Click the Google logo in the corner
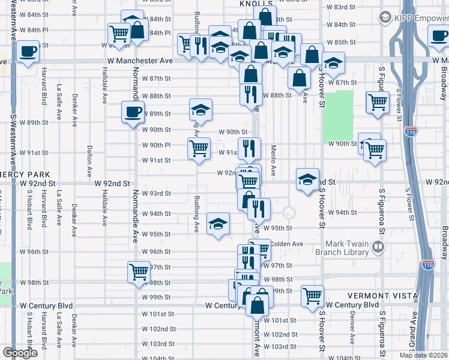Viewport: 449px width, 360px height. pyautogui.click(x=20, y=353)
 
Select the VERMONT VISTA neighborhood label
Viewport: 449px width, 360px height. pyautogui.click(x=376, y=296)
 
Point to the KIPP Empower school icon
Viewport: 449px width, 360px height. pyautogui.click(x=385, y=19)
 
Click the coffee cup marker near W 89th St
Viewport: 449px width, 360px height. pyautogui.click(x=133, y=112)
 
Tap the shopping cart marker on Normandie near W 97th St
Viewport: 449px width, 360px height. pyautogui.click(x=139, y=272)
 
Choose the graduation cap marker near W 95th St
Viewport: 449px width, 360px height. pyautogui.click(x=218, y=224)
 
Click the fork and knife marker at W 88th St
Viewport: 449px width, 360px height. pyautogui.click(x=251, y=94)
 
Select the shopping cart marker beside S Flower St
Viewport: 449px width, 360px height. pyautogui.click(x=378, y=103)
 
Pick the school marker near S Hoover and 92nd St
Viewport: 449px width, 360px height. pyautogui.click(x=307, y=180)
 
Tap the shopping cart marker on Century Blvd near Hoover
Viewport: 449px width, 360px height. pyautogui.click(x=313, y=295)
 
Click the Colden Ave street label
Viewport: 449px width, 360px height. pyautogui.click(x=286, y=244)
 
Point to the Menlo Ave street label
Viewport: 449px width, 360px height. pyautogui.click(x=273, y=161)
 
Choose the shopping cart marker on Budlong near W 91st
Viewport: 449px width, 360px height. pyautogui.click(x=199, y=148)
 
